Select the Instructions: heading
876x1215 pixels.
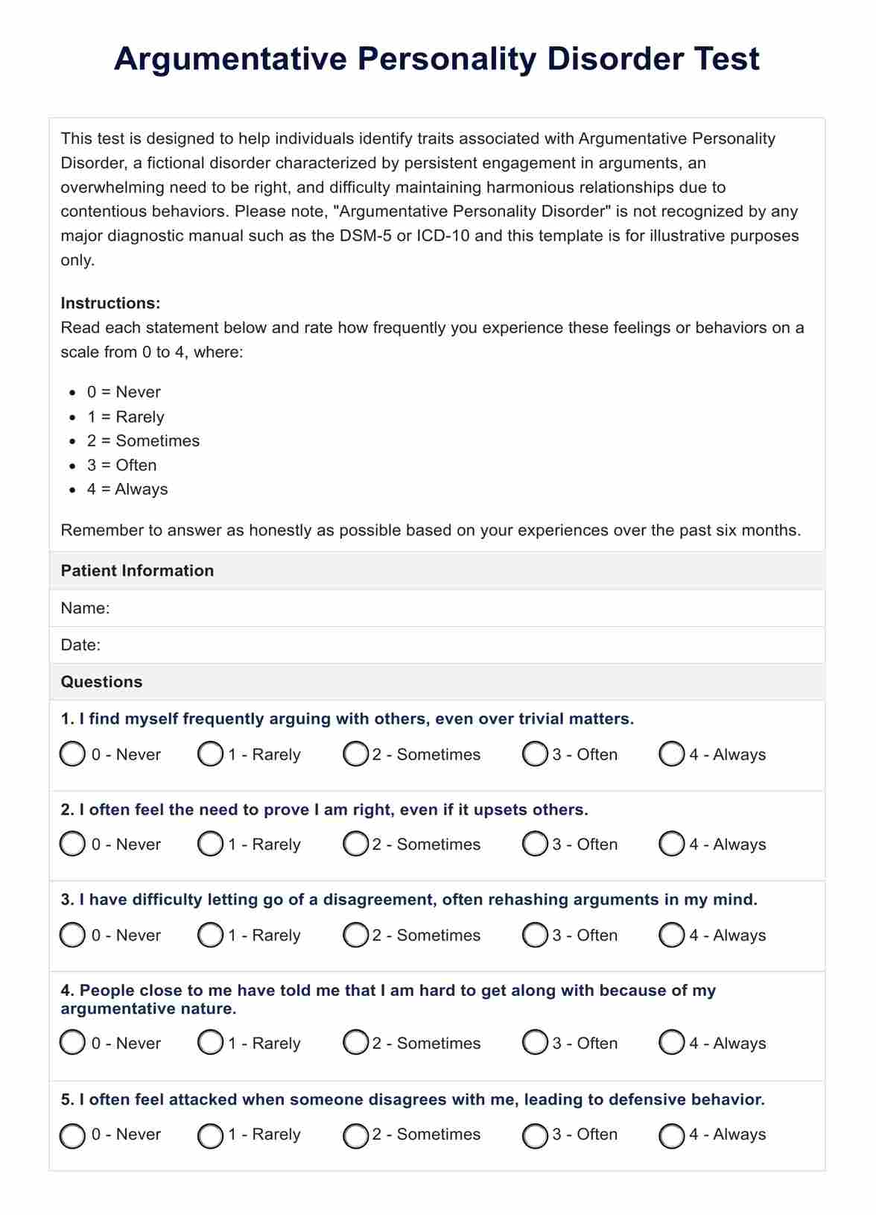click(110, 303)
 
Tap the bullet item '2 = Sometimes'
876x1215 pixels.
click(143, 441)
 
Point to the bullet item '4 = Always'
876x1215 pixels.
click(127, 490)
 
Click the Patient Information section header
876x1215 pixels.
click(137, 571)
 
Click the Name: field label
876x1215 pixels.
click(85, 608)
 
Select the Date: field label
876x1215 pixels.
click(80, 645)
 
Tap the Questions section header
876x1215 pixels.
click(101, 682)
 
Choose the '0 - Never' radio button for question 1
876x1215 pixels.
click(72, 754)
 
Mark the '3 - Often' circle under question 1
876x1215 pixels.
click(535, 754)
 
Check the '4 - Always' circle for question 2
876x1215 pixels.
click(672, 845)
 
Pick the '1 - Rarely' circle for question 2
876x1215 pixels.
click(210, 845)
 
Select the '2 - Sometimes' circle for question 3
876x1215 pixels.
click(355, 935)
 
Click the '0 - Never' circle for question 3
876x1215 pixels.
click(72, 935)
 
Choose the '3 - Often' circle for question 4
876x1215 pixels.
click(535, 1043)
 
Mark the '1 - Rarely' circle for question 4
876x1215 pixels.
click(210, 1043)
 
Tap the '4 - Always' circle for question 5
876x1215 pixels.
click(672, 1135)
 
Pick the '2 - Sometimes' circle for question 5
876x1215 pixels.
click(355, 1135)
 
